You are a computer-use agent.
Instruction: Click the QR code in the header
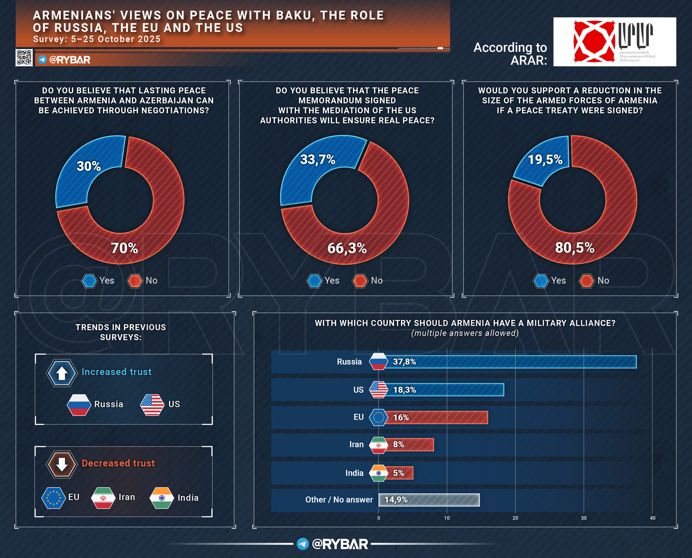coord(24,58)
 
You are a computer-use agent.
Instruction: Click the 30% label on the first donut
coord(89,166)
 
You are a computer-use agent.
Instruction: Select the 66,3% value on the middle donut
coord(347,248)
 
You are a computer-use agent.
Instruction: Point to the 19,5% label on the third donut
coord(545,159)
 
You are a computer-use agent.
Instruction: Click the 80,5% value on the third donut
coord(575,248)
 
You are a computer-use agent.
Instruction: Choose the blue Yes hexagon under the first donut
coord(89,281)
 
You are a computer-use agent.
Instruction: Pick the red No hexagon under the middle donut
coord(360,281)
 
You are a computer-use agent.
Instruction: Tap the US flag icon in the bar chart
coord(378,390)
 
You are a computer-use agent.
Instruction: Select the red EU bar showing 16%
coord(436,417)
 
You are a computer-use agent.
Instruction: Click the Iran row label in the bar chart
coord(356,444)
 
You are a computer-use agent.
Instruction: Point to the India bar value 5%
coord(398,473)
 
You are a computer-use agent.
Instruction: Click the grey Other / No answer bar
coord(429,500)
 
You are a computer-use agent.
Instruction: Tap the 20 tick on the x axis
coord(515,518)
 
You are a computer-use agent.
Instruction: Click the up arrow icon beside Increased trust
coord(62,373)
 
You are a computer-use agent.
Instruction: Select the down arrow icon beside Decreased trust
coord(62,464)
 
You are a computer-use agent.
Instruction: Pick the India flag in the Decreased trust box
coord(162,498)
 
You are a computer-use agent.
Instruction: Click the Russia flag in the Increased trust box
coord(79,404)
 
